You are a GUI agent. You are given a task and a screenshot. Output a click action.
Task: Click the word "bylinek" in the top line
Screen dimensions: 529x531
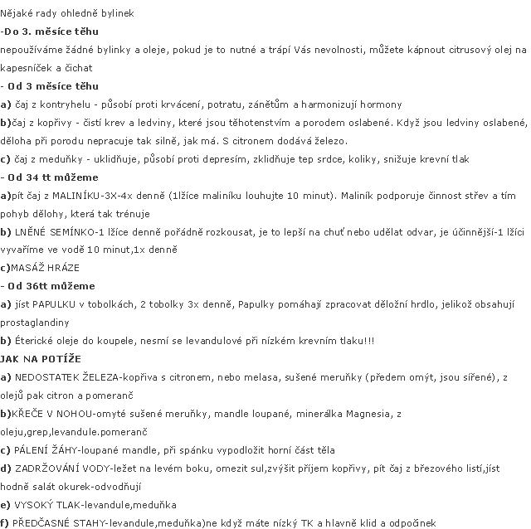(x=116, y=14)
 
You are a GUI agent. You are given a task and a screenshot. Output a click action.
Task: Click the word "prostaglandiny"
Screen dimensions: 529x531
(x=38, y=323)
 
